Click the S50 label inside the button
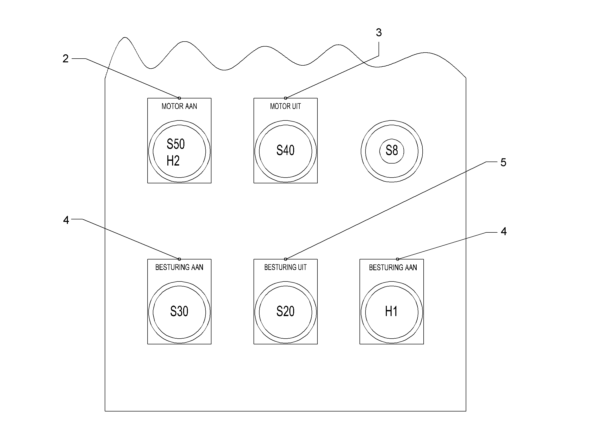tap(176, 144)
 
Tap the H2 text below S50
tap(173, 161)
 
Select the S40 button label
tap(285, 150)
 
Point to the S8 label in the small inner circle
tap(392, 150)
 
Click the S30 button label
tap(179, 311)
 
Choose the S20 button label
tap(285, 311)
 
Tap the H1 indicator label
tap(391, 311)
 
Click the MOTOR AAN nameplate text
tap(179, 106)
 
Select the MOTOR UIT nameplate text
tap(285, 106)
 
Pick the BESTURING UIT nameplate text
tap(285, 267)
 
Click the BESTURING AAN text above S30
tap(179, 267)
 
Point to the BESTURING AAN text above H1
tap(393, 267)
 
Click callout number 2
tap(66, 58)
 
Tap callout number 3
tap(379, 33)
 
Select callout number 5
tap(504, 162)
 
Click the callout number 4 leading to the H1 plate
tap(504, 231)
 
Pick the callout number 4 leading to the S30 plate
tap(66, 220)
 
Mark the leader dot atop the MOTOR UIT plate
tap(285, 98)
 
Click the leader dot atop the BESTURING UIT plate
tap(285, 259)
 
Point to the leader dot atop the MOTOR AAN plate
tap(179, 98)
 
